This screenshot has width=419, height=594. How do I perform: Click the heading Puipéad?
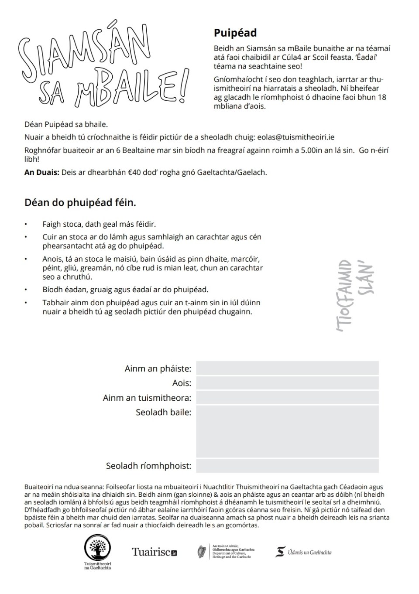click(235, 33)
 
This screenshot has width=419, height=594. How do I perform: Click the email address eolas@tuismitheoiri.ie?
click(296, 137)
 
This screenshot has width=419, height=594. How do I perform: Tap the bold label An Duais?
click(41, 172)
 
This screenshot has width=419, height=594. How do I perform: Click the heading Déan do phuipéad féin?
click(80, 203)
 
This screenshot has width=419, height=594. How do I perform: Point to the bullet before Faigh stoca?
click(26, 225)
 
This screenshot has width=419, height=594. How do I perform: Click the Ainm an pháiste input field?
click(287, 369)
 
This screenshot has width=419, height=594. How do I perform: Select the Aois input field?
click(287, 383)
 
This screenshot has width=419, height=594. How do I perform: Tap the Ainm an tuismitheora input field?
click(287, 398)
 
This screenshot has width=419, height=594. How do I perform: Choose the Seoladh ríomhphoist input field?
click(287, 466)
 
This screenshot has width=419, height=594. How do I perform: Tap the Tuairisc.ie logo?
click(155, 552)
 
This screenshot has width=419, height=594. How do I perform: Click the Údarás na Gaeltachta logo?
click(304, 552)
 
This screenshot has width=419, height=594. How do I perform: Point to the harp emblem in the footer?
click(202, 552)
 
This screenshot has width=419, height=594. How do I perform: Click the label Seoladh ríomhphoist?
click(148, 466)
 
